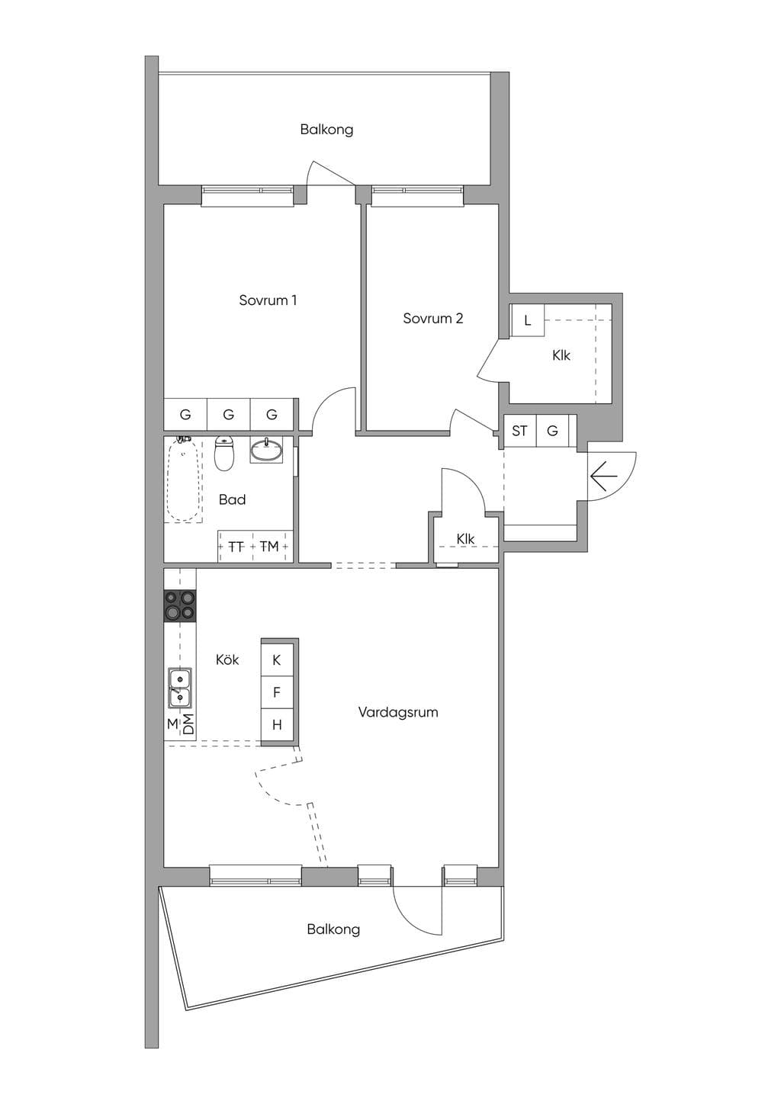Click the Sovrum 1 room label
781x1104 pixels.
(268, 300)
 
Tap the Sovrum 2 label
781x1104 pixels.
(433, 319)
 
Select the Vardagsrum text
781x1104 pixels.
(398, 712)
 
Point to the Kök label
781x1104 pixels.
(227, 660)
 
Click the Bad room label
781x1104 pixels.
(232, 499)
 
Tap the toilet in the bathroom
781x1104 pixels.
(224, 453)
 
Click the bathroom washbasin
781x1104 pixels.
(267, 450)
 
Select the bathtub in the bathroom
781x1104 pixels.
(183, 479)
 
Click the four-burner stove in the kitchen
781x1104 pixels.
(180, 605)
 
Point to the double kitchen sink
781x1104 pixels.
(180, 688)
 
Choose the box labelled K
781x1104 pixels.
(277, 660)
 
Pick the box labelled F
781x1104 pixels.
(277, 692)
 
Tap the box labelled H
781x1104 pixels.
(277, 724)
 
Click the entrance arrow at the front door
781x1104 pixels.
(603, 477)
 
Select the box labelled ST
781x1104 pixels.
(519, 431)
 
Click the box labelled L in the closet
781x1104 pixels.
(527, 320)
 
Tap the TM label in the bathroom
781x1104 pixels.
(269, 546)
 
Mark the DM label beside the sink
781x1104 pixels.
(188, 724)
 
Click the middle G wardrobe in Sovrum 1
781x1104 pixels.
(228, 415)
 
